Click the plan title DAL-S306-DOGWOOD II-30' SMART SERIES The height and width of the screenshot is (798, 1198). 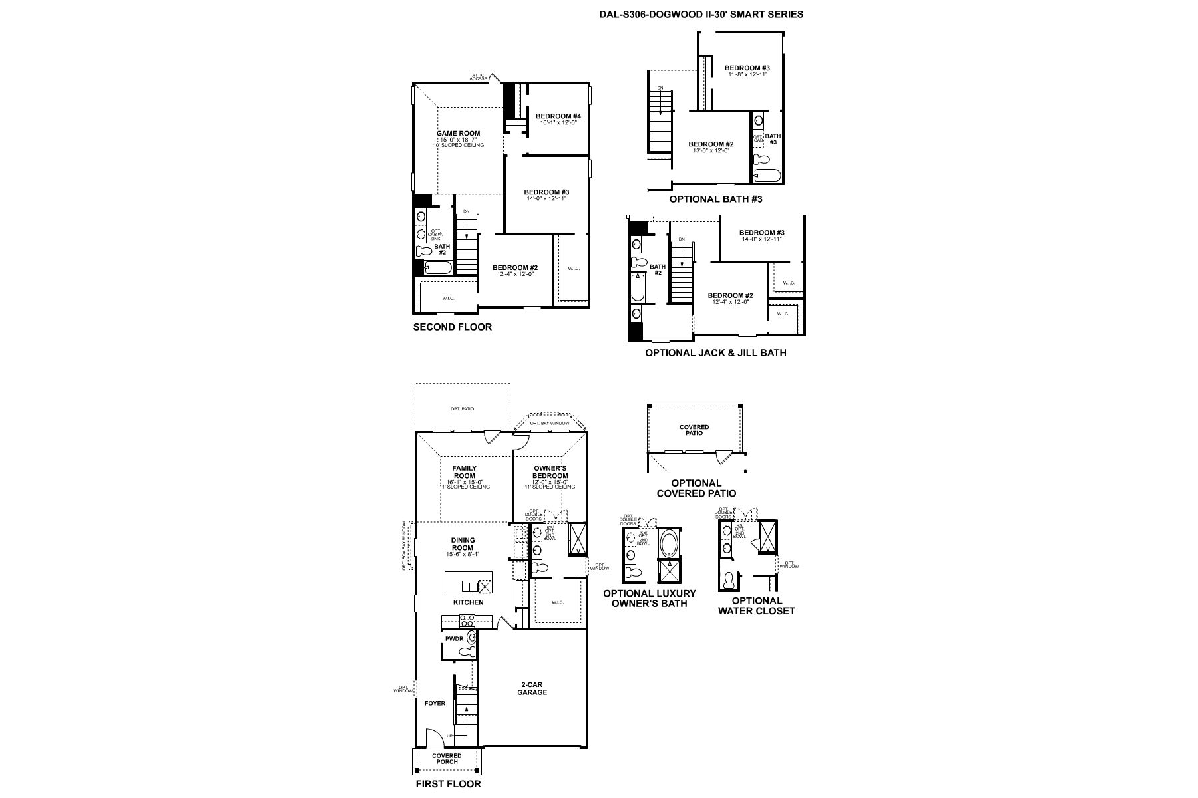(701, 14)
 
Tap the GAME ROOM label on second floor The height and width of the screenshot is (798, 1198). (458, 133)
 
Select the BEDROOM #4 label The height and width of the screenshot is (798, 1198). (558, 116)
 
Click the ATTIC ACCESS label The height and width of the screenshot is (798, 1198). (478, 77)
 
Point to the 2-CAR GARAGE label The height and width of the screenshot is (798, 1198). (532, 688)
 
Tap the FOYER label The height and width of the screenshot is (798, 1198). (435, 703)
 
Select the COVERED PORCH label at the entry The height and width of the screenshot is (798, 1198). (447, 759)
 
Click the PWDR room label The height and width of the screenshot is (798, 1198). (454, 639)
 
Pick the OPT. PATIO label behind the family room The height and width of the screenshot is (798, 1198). (462, 408)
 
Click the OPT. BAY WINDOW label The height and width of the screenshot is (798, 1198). (550, 423)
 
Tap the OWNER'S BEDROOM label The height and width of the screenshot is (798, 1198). (550, 472)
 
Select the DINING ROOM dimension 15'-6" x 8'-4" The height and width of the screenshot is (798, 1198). (463, 554)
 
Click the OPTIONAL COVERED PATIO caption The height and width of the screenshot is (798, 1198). (696, 488)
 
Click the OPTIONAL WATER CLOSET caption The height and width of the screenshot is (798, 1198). (756, 606)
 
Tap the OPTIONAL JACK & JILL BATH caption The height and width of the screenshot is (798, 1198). (715, 353)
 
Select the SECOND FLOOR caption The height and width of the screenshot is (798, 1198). (452, 327)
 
